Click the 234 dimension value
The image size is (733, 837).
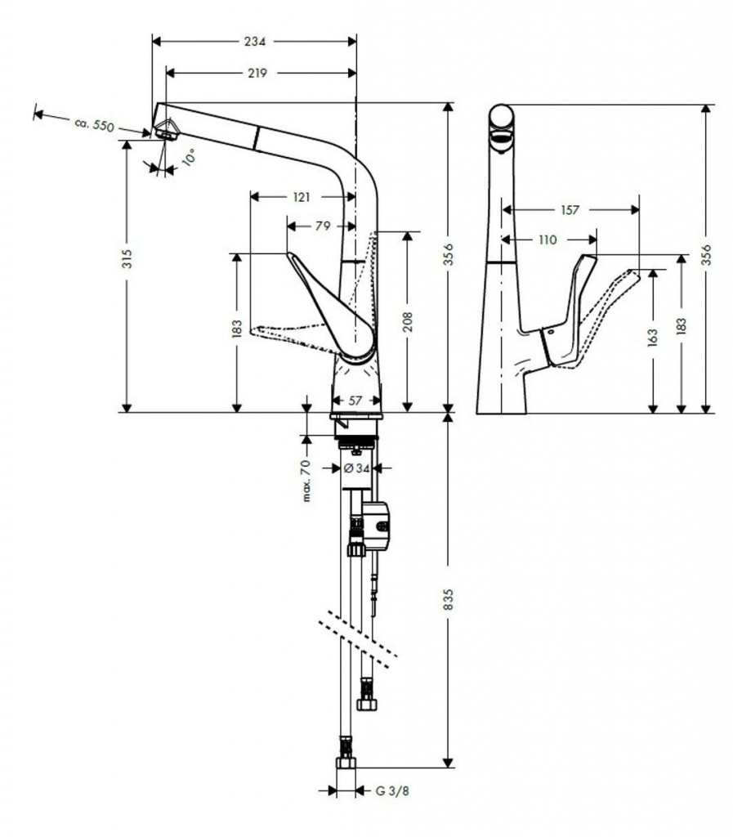click(254, 41)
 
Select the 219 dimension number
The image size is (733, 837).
click(257, 73)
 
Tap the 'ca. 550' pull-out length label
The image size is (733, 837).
click(95, 125)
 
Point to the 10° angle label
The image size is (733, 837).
click(188, 158)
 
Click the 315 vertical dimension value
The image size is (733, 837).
click(127, 258)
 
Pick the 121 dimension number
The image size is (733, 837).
click(302, 197)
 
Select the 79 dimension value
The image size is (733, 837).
click(322, 226)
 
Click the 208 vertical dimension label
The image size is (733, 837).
click(408, 322)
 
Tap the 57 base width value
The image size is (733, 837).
click(355, 401)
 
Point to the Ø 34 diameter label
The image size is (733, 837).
click(356, 468)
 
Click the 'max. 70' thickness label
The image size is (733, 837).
click(306, 481)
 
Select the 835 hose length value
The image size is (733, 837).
click(448, 599)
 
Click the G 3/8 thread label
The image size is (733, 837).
click(392, 790)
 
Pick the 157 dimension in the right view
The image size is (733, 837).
click(570, 210)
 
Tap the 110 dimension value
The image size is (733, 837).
click(548, 239)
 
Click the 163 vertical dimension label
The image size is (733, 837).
click(652, 338)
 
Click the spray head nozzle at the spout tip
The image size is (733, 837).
click(166, 129)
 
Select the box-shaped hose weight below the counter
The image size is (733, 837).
click(376, 525)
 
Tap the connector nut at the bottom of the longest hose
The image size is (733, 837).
click(346, 763)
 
